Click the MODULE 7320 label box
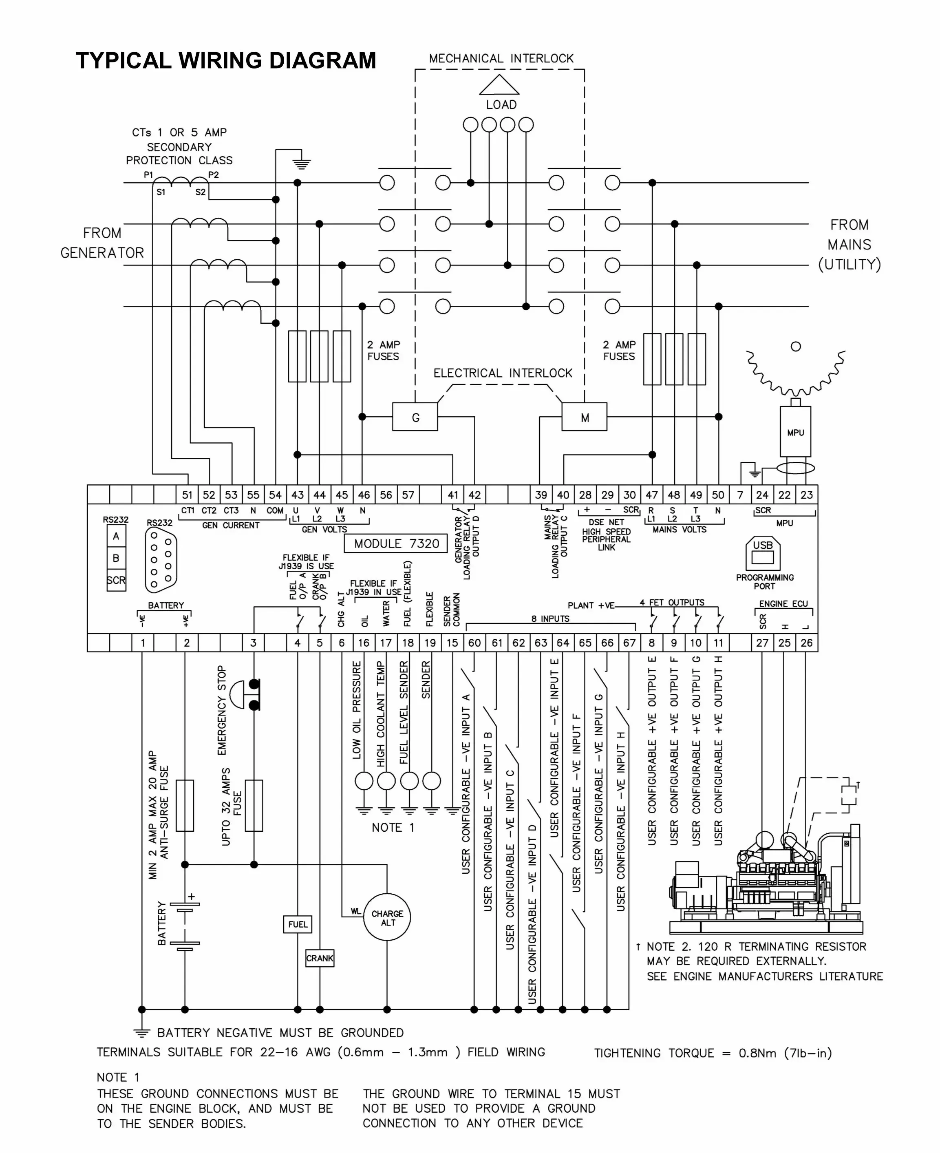tap(396, 544)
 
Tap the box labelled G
tap(415, 417)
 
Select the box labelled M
tap(585, 417)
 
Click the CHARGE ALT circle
tap(387, 917)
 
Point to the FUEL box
tap(298, 924)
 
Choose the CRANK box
tap(320, 958)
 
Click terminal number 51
tap(187, 495)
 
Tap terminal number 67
tap(629, 643)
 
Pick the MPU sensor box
tap(795, 432)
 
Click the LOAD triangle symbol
tap(499, 86)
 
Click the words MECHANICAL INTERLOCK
tap(501, 58)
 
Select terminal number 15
tap(452, 643)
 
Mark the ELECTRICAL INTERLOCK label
tap(503, 373)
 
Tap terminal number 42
tap(475, 495)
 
